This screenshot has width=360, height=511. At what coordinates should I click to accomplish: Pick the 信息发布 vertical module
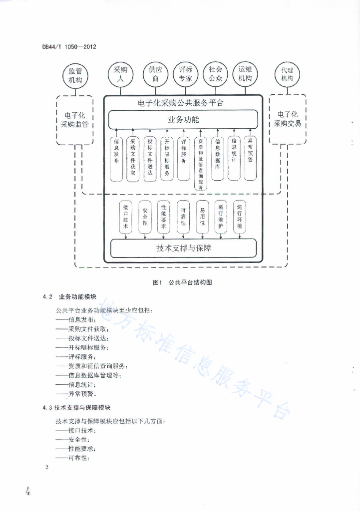coord(116,159)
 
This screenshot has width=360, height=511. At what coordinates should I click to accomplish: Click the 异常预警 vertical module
coord(250,158)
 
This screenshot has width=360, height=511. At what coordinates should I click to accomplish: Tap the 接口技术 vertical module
coord(126,217)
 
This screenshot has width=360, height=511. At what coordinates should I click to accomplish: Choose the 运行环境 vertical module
coord(240,217)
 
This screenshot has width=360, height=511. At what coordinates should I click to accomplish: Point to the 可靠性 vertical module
coord(183,217)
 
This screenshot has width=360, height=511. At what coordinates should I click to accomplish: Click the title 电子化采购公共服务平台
coord(181,103)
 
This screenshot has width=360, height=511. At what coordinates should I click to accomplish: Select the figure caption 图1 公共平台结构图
coord(182,282)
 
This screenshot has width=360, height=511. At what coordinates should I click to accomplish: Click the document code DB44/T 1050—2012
coord(69,46)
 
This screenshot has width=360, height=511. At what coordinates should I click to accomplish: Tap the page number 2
coord(47,467)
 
